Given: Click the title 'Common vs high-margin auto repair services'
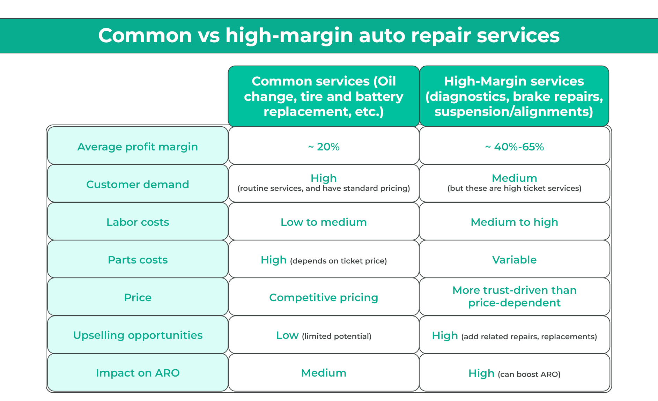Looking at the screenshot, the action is [329, 36].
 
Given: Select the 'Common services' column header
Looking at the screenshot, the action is [324, 96].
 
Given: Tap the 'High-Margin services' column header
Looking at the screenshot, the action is [514, 96].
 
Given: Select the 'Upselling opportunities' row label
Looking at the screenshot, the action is [138, 335].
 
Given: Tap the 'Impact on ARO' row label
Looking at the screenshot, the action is [138, 372].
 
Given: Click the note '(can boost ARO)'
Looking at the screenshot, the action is [529, 374].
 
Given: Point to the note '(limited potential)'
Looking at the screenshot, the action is [337, 336].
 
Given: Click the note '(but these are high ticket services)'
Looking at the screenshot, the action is [515, 188].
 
